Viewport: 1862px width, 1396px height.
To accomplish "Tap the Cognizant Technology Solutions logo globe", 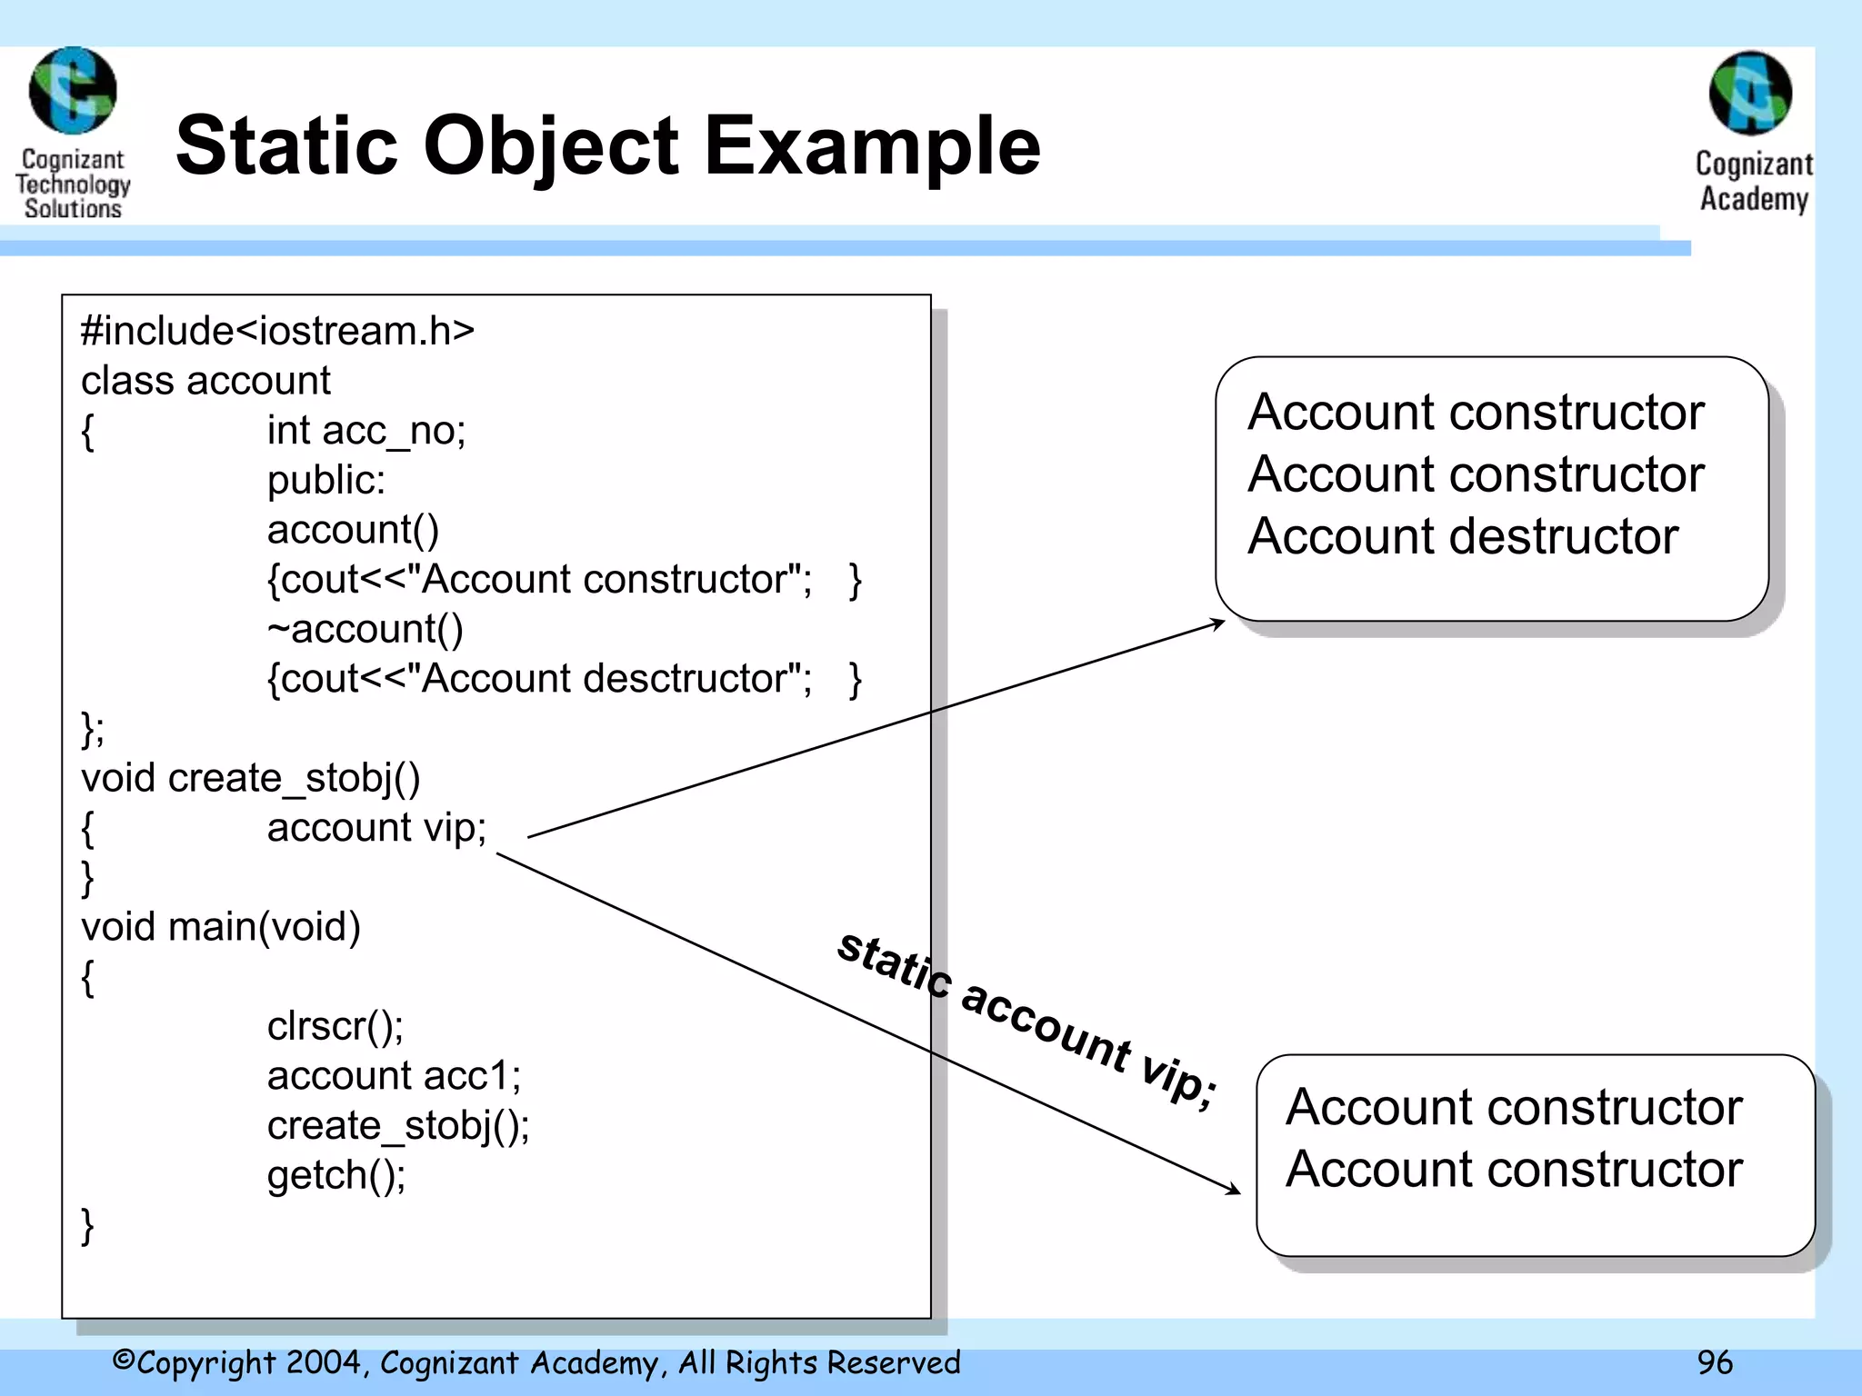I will click(x=73, y=91).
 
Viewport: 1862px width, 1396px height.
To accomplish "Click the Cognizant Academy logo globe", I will click(x=1750, y=93).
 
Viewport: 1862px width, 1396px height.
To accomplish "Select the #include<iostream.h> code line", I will click(x=277, y=331).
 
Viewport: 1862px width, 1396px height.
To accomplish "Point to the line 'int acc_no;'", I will click(x=365, y=431).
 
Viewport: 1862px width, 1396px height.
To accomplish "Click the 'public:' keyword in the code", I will click(x=325, y=480).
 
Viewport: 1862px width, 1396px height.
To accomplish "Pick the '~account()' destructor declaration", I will click(x=365, y=629).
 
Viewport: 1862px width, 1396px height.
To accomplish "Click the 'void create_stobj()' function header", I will click(x=250, y=778).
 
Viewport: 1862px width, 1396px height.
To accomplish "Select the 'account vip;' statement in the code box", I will click(x=376, y=828).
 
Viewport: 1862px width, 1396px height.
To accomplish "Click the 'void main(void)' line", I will click(x=221, y=927).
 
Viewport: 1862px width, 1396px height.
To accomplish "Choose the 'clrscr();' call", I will click(x=335, y=1026).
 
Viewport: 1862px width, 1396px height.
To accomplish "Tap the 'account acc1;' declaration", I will click(x=394, y=1076).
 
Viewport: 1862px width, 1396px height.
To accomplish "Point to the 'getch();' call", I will click(x=335, y=1175).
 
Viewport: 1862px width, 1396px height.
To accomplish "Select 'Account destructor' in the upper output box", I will click(x=1462, y=536).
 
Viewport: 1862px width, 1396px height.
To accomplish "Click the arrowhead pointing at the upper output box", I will click(x=1218, y=623).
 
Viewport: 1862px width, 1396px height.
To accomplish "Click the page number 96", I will click(x=1715, y=1362).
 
